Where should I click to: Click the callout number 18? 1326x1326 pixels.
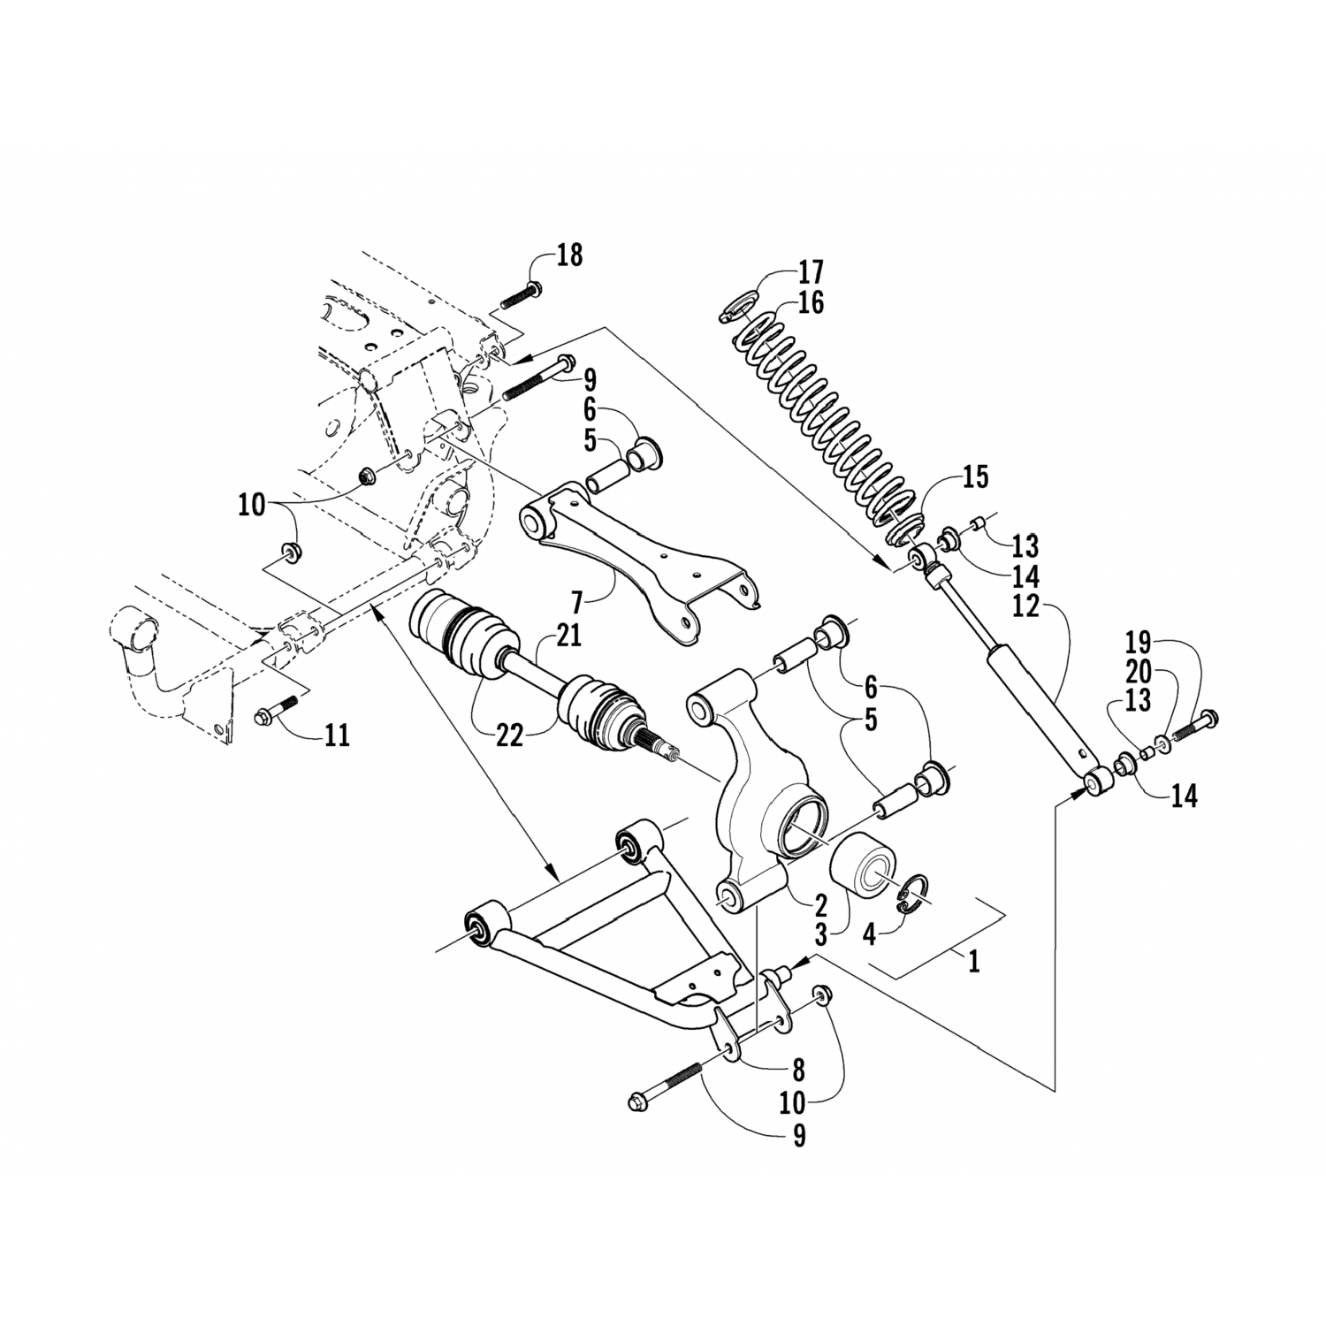(x=569, y=256)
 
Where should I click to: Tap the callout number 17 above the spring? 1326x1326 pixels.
(x=810, y=271)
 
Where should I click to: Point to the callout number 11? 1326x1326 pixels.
(x=335, y=735)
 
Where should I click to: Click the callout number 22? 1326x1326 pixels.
(x=510, y=735)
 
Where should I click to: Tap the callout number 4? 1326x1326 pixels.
(x=869, y=934)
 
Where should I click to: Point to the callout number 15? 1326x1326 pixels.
(x=974, y=478)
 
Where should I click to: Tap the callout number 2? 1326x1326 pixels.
(x=820, y=904)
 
